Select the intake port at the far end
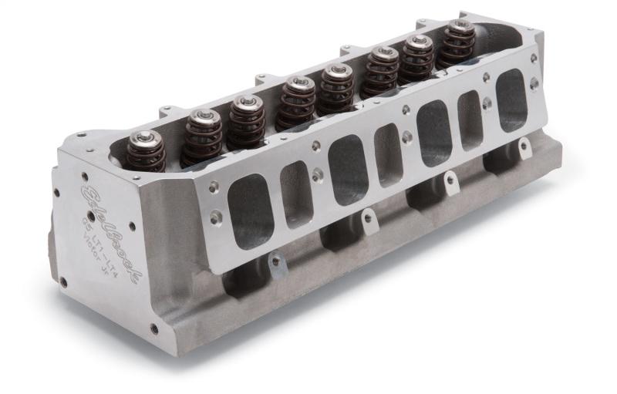coord(511,100)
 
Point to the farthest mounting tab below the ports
coord(524,146)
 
